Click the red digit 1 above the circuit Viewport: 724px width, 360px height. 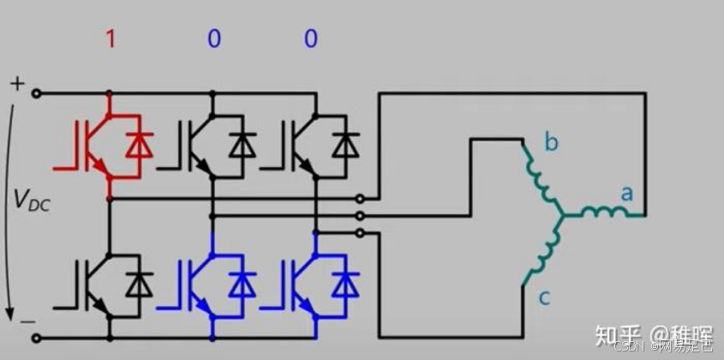click(110, 39)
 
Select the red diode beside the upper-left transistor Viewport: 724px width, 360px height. click(137, 146)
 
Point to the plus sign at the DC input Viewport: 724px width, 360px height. click(17, 82)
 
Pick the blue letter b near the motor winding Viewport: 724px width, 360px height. click(551, 141)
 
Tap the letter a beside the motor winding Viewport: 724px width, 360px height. click(626, 194)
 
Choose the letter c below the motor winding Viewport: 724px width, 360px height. click(544, 297)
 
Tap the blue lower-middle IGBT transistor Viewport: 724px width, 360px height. click(192, 283)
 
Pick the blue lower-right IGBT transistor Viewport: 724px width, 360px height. click(295, 283)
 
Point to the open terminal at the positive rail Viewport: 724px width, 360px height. click(36, 93)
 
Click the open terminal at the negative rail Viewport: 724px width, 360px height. click(36, 337)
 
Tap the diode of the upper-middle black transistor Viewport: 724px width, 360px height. click(243, 146)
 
